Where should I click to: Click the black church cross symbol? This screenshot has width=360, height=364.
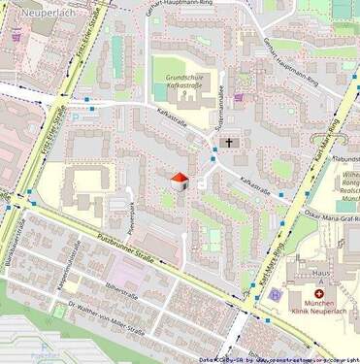coord(230,143)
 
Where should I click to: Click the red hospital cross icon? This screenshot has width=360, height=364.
coord(318,293)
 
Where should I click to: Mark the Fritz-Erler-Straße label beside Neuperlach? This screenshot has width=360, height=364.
coord(90,29)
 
